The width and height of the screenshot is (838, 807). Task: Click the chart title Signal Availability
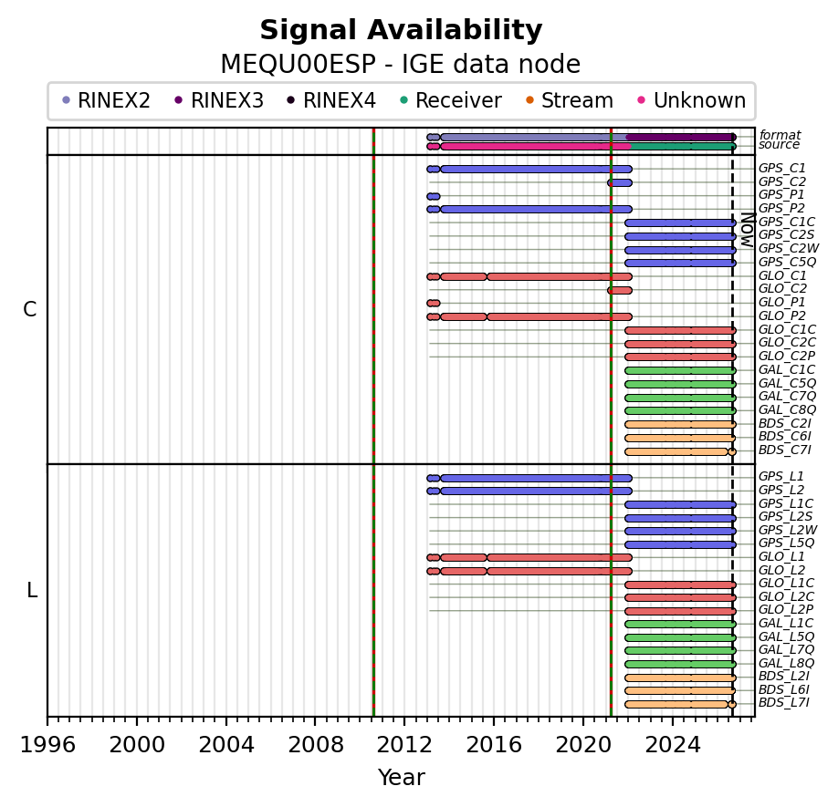click(x=401, y=30)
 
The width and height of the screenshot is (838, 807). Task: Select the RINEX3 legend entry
click(x=220, y=100)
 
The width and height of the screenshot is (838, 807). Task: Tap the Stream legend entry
click(x=570, y=100)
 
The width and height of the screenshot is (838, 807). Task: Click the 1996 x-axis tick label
click(x=47, y=745)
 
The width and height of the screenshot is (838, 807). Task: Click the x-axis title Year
click(x=402, y=778)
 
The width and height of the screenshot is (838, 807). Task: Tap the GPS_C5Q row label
click(x=787, y=262)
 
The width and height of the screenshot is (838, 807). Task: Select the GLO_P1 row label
click(x=782, y=303)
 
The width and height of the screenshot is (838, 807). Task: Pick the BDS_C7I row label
click(x=784, y=450)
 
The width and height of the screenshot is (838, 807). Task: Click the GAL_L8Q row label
click(x=787, y=664)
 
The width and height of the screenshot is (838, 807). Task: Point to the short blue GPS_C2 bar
click(x=620, y=183)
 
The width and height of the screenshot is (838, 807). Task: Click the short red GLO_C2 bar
click(x=620, y=290)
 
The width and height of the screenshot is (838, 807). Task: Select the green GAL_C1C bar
click(x=680, y=370)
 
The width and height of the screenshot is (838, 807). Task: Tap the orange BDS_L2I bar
click(x=680, y=678)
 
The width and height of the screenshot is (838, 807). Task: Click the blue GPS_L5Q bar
click(x=680, y=545)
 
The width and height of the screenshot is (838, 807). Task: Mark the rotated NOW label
click(x=748, y=230)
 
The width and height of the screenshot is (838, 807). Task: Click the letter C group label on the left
click(x=30, y=309)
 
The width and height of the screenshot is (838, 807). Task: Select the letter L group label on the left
click(x=32, y=591)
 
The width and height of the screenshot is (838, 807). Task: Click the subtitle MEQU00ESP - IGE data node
click(x=401, y=65)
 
